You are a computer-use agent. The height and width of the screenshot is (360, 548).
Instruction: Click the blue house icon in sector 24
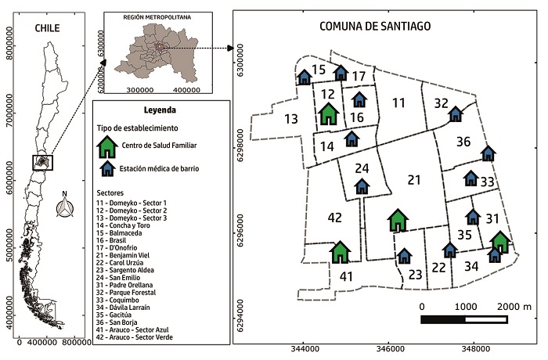[361, 186]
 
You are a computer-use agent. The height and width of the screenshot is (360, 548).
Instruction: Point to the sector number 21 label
[414, 181]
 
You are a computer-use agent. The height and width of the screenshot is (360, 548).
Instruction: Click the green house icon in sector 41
[339, 251]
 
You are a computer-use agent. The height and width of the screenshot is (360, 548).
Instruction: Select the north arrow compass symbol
[65, 208]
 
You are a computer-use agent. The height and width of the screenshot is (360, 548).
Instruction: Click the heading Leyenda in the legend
[160, 110]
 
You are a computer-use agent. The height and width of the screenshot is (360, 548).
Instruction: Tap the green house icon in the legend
[105, 146]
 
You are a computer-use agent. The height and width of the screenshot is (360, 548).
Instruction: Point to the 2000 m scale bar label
[514, 304]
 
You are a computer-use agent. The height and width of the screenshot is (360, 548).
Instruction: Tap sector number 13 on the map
[290, 120]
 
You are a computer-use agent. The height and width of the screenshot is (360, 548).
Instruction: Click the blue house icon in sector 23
[404, 256]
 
